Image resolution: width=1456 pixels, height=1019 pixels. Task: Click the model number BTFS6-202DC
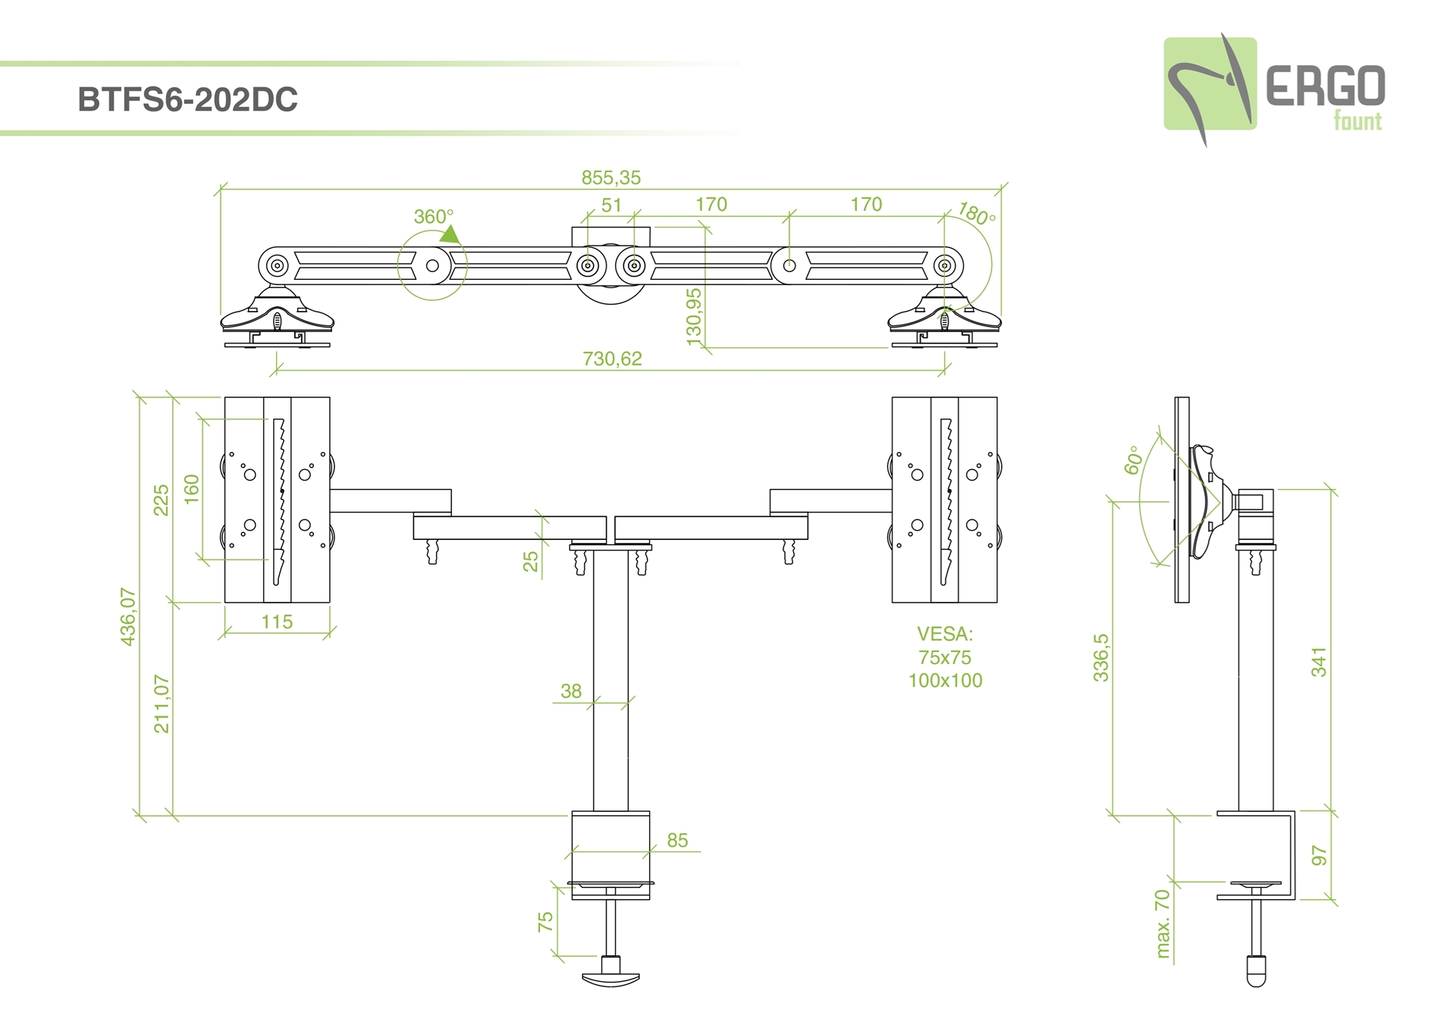(187, 100)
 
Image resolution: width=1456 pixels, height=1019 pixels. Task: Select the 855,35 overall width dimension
(610, 178)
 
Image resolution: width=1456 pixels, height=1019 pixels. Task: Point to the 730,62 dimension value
(612, 359)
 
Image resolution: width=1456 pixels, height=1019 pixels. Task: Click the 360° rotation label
(433, 217)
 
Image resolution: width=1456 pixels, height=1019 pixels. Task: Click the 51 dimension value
(611, 205)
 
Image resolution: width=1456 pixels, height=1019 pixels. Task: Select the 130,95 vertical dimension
(694, 317)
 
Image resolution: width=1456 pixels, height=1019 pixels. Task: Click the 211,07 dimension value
(162, 704)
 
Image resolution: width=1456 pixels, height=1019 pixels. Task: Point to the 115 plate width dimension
(277, 622)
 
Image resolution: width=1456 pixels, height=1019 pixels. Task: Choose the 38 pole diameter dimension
(571, 691)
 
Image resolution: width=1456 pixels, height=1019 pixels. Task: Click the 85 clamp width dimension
(677, 840)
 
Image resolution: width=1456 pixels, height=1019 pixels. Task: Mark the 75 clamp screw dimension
(545, 922)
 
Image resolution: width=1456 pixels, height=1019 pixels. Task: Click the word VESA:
(944, 634)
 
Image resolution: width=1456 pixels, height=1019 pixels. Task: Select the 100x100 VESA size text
(945, 681)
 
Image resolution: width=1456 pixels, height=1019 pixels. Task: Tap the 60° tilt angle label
(1133, 460)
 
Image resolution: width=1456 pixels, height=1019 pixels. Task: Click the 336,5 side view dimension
(1100, 657)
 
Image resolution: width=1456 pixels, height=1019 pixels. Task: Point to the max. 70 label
(1163, 923)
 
